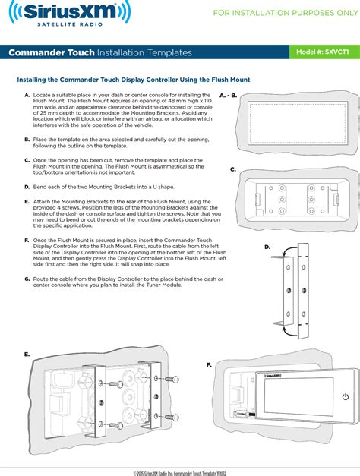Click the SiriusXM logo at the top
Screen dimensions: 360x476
pos(70,14)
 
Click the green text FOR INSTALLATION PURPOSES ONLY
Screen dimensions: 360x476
pos(286,13)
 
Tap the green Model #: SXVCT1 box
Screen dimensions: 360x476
pos(324,52)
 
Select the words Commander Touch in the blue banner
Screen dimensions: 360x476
pos(52,52)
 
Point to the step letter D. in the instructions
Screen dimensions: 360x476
pos(27,187)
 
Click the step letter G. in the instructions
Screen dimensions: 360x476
pos(27,279)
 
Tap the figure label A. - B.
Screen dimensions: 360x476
pos(228,96)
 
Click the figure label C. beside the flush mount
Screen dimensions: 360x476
pos(233,169)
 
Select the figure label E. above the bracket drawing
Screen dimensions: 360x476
pos(27,355)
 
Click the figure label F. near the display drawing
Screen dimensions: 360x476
pos(209,364)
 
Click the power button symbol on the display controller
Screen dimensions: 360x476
pos(346,396)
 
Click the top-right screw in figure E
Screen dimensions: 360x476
pos(172,379)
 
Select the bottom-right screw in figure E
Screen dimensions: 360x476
pos(172,417)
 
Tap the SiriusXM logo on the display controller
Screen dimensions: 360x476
pos(273,376)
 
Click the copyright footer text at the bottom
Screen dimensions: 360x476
pos(180,473)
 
